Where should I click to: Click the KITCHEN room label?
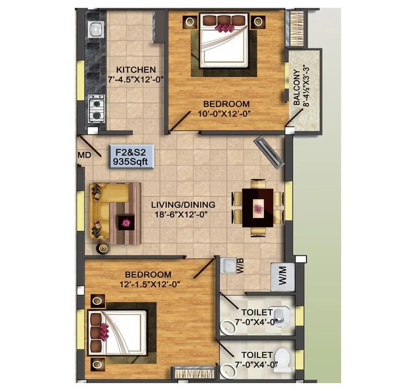pyautogui.click(x=136, y=69)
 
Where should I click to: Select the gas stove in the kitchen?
pyautogui.click(x=96, y=108)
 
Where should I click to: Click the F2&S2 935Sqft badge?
pyautogui.click(x=132, y=156)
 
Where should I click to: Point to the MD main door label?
pyautogui.click(x=84, y=155)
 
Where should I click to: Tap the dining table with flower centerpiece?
pyautogui.click(x=258, y=208)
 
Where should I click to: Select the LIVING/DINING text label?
pyautogui.click(x=183, y=205)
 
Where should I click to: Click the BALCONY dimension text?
pyautogui.click(x=302, y=91)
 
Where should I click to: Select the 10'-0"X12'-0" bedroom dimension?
pyautogui.click(x=226, y=113)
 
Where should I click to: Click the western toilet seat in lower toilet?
pyautogui.click(x=285, y=360)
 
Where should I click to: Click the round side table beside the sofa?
pyautogui.click(x=103, y=249)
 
